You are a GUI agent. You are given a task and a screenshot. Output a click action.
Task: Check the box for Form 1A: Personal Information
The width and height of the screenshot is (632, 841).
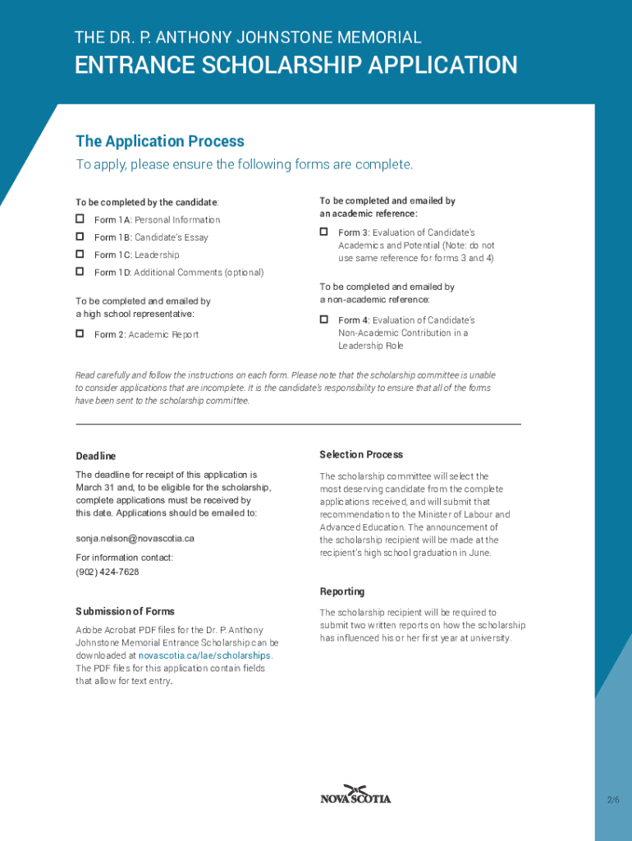(x=80, y=219)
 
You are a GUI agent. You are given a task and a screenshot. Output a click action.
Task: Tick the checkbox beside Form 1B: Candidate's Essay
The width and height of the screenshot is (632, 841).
(x=80, y=237)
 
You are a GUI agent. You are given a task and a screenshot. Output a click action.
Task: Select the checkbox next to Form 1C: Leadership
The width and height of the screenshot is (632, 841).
(x=80, y=254)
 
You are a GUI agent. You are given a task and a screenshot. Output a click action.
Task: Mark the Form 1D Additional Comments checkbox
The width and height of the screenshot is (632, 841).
(x=80, y=271)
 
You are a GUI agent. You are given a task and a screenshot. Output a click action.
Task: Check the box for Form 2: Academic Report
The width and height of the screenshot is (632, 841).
(x=80, y=333)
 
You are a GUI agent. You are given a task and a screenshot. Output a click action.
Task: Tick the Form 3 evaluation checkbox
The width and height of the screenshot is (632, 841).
(x=324, y=232)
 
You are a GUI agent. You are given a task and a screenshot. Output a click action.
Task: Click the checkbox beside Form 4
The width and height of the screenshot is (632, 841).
(x=324, y=319)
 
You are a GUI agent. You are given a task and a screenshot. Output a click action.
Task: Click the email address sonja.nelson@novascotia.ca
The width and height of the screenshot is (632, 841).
(x=135, y=539)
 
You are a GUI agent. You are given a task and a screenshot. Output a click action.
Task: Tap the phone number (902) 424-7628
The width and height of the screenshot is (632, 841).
(x=108, y=572)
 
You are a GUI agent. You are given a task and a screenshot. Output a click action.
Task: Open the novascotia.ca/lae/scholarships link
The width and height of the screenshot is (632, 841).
(x=204, y=655)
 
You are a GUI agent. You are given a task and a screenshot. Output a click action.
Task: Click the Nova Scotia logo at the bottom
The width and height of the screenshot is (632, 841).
(x=355, y=795)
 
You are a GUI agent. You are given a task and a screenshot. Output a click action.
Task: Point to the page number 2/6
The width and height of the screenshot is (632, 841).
(x=613, y=800)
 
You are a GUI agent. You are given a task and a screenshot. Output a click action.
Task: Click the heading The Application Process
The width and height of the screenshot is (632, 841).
(x=160, y=141)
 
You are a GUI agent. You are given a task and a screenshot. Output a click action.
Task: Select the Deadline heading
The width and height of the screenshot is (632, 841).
(x=96, y=456)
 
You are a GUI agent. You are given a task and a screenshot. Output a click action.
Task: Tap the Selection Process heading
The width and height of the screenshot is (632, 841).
(x=361, y=454)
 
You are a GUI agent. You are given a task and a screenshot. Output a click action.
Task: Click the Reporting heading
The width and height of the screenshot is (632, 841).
(x=341, y=591)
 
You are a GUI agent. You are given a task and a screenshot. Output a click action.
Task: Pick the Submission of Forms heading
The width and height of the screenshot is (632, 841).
(x=125, y=611)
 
